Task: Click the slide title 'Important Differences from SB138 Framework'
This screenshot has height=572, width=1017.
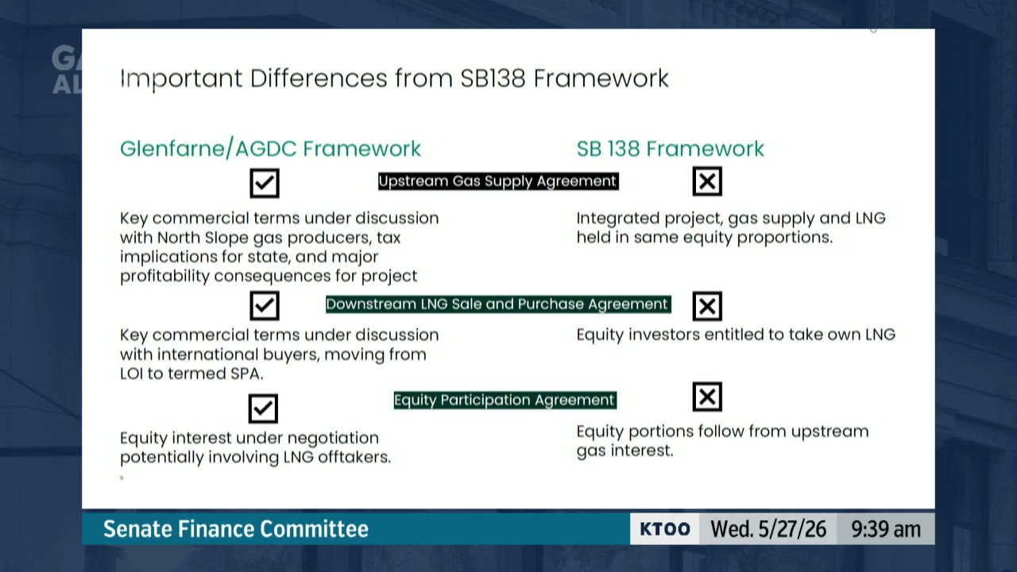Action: [394, 79]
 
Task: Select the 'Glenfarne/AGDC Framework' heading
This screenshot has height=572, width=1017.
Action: [270, 149]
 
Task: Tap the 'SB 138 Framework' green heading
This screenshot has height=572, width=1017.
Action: [670, 149]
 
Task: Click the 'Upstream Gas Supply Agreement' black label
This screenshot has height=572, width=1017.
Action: [498, 181]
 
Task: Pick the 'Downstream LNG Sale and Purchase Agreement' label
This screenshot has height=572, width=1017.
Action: [498, 304]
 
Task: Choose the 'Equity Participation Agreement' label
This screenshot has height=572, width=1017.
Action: [505, 400]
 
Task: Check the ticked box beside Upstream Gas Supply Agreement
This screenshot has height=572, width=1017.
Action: [265, 183]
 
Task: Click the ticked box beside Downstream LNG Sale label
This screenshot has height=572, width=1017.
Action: [265, 306]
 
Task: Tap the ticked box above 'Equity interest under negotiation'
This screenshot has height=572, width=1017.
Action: [263, 408]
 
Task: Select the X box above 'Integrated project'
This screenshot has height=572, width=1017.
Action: [707, 181]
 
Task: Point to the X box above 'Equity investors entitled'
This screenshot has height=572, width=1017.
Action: [707, 306]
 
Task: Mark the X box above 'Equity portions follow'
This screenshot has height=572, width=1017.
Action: [707, 396]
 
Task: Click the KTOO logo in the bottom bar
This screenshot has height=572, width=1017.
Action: [665, 529]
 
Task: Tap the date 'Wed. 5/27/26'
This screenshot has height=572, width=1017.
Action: [768, 529]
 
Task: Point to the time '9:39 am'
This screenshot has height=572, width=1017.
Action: [886, 529]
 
